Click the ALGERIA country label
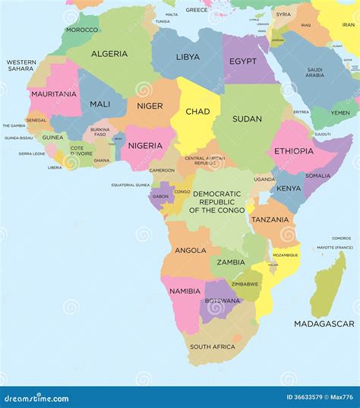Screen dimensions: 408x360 point(109,54)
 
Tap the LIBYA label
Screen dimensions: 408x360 point(188,57)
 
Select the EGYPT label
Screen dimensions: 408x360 point(243,61)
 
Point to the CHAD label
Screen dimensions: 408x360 point(197,112)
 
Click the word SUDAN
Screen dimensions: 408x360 point(247,119)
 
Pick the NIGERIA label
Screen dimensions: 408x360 point(145,145)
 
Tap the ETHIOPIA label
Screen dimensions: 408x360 point(293,150)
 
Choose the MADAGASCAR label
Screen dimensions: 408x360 point(324,324)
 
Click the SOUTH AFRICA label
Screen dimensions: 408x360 point(212,346)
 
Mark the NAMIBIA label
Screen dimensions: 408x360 point(185,291)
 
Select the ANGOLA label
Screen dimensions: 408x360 point(191,250)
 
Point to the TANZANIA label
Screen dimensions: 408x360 point(270,220)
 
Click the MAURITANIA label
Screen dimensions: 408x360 point(53,93)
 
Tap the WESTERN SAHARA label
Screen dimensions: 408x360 point(21,65)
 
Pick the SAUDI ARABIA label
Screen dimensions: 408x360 point(314,72)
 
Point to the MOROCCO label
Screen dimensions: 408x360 point(82,30)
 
